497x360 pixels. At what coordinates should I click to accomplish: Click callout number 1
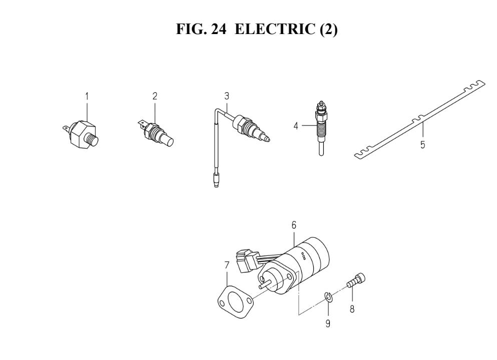[87, 96]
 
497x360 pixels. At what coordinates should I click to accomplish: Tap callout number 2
[155, 96]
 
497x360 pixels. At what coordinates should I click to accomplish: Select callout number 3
[226, 96]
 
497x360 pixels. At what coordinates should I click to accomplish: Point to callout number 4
[296, 126]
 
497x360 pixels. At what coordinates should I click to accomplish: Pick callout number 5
[422, 145]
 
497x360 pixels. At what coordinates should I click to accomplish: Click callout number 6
[294, 225]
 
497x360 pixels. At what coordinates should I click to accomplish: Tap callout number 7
[226, 265]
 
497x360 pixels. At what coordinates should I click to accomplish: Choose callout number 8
[352, 308]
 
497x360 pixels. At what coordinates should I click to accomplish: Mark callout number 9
[328, 323]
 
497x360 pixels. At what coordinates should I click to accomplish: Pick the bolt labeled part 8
[356, 280]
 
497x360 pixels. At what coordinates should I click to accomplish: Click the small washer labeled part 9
[328, 297]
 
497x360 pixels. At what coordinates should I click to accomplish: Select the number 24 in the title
[218, 29]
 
